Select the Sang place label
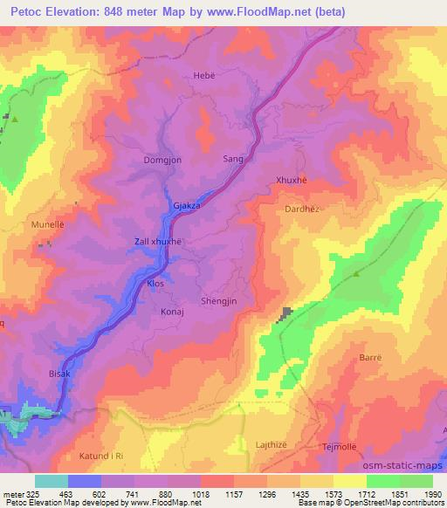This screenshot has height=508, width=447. (233, 160)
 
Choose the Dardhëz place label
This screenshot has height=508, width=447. (304, 209)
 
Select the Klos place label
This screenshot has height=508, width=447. (155, 284)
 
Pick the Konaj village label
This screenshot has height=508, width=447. (173, 311)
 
